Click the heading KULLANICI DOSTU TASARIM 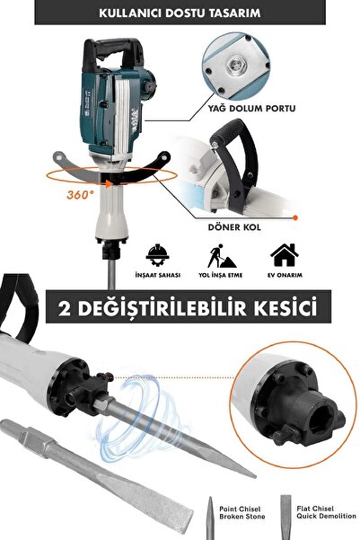pyautogui.click(x=180, y=15)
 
